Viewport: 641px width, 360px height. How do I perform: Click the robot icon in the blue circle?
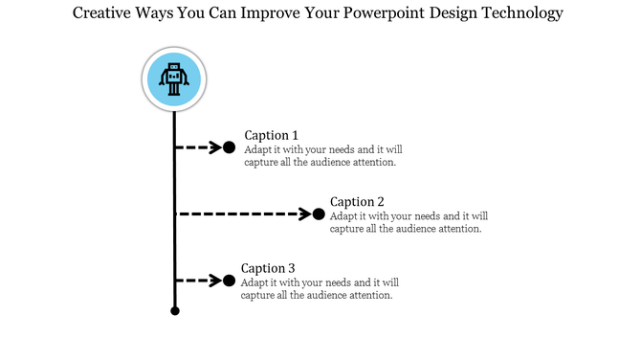point(173,79)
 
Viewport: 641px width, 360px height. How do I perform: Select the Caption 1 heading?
point(272,135)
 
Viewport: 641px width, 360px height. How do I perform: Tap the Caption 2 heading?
point(357,202)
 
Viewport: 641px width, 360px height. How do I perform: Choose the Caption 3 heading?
point(268,268)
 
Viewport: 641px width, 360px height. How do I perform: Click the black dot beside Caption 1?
point(229,147)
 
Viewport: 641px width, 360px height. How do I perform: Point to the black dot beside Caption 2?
point(319,214)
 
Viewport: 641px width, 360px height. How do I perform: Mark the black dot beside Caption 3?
point(229,281)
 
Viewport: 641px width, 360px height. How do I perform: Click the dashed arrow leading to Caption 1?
point(198,147)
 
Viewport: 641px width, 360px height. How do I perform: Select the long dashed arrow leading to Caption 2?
point(244,214)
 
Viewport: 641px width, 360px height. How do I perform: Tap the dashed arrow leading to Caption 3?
point(198,281)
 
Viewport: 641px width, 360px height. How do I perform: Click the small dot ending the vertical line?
point(174,310)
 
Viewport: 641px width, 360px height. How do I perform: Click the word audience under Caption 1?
point(335,163)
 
